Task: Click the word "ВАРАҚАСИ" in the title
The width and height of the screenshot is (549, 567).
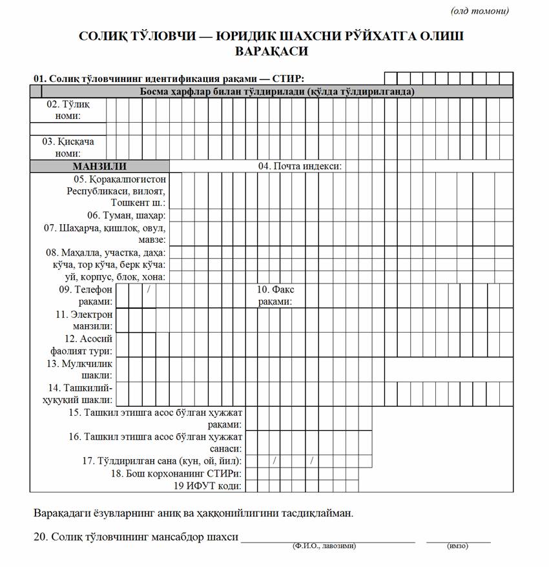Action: point(271,51)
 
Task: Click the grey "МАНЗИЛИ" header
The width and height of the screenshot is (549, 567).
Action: point(99,166)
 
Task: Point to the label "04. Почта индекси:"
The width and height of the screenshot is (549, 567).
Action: point(300,166)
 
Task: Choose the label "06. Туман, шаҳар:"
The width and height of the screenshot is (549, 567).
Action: point(126,215)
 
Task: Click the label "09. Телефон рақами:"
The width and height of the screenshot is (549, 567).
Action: point(86,296)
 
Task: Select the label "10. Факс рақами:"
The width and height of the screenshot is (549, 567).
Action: point(276,296)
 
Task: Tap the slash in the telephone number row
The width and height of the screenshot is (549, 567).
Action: point(149,289)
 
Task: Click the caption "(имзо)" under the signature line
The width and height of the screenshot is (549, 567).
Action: point(457,546)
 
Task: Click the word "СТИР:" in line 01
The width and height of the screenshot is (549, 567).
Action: point(289,79)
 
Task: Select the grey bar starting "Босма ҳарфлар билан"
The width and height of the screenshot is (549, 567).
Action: point(277,92)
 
